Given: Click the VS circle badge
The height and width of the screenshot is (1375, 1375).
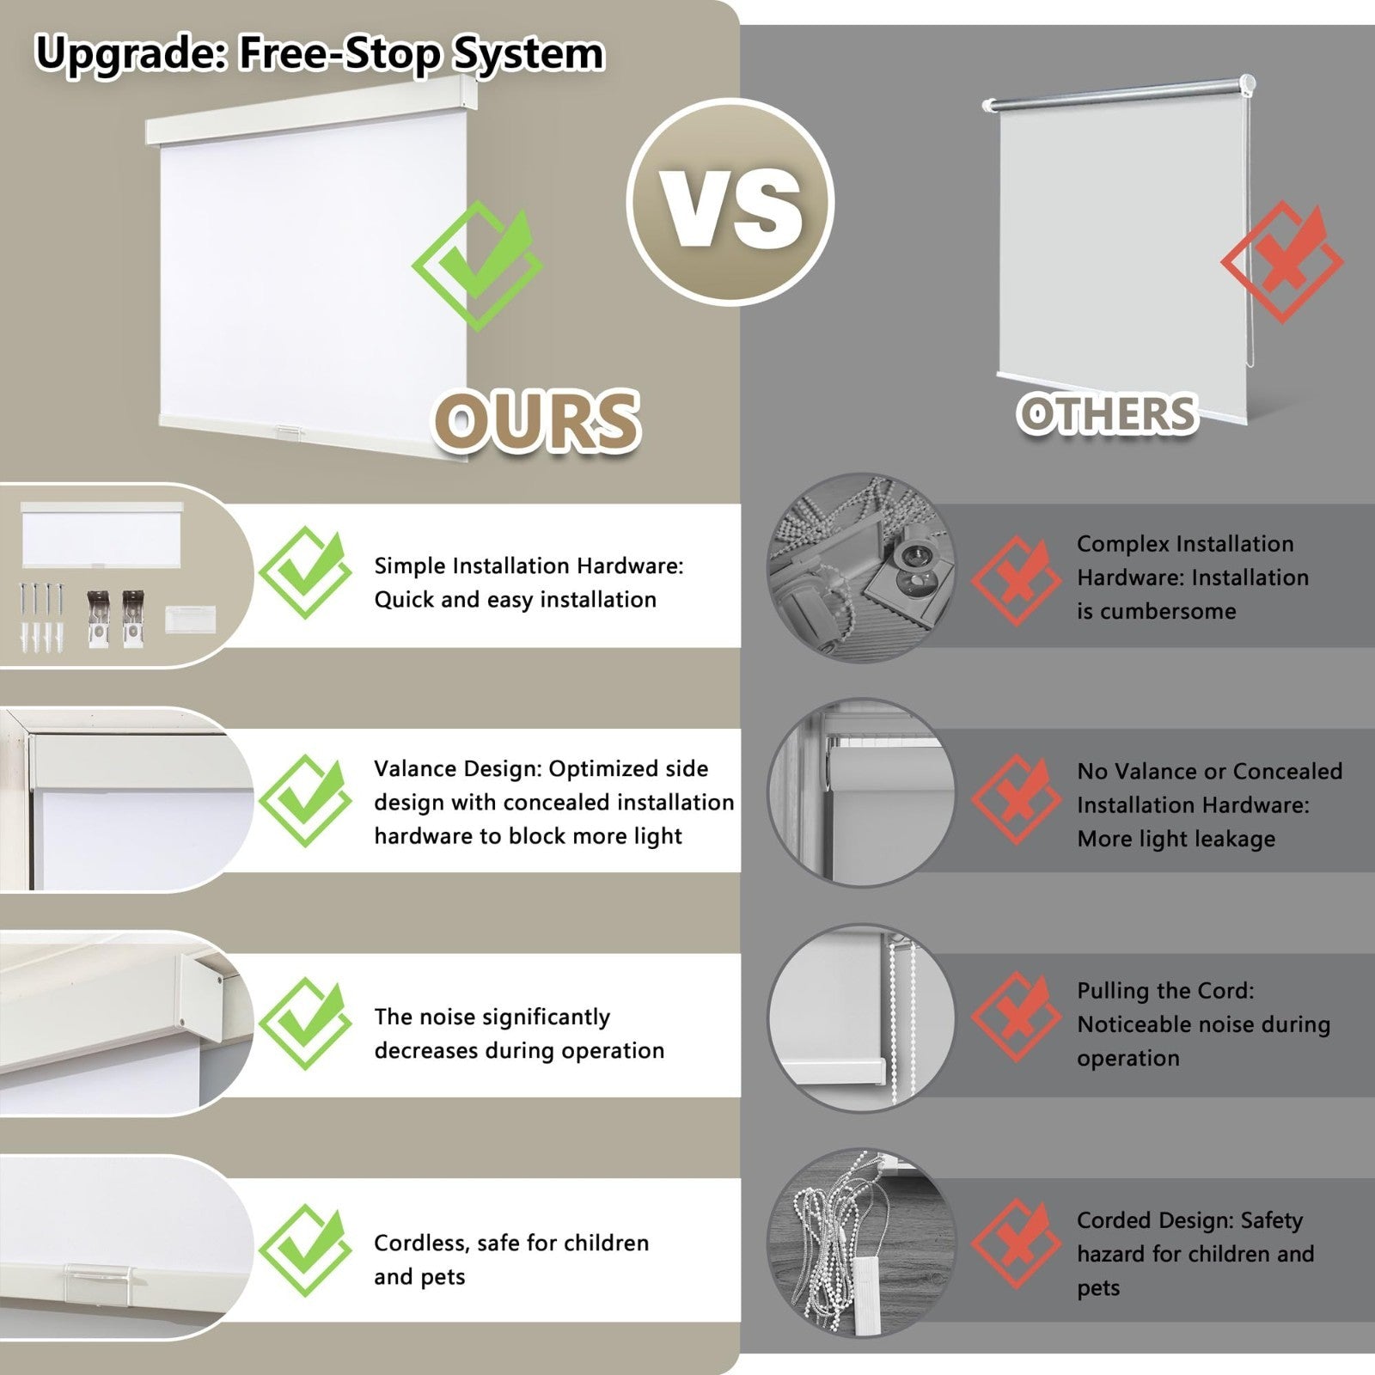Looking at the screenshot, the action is click(x=730, y=202).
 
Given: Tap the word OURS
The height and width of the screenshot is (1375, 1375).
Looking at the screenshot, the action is click(x=537, y=420).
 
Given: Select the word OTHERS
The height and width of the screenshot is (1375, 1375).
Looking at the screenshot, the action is click(x=1108, y=414).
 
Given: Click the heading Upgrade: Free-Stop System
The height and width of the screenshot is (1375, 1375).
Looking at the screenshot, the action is click(x=320, y=53).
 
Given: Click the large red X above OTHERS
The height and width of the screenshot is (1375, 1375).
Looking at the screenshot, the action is click(x=1281, y=262).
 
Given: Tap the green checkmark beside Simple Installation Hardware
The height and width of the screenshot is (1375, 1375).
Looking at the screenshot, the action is click(x=305, y=572).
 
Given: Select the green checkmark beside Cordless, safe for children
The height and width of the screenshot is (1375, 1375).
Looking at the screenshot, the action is click(x=305, y=1250).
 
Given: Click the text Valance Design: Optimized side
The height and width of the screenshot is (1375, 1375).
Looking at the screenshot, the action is click(x=541, y=768).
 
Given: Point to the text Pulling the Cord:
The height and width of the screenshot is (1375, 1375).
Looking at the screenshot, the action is click(x=1165, y=991).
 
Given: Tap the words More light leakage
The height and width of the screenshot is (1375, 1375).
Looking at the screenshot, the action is click(x=1176, y=839).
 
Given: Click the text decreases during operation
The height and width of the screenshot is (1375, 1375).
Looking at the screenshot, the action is click(x=519, y=1050).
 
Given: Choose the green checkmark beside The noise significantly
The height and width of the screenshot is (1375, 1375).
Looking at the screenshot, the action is click(x=305, y=1024).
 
